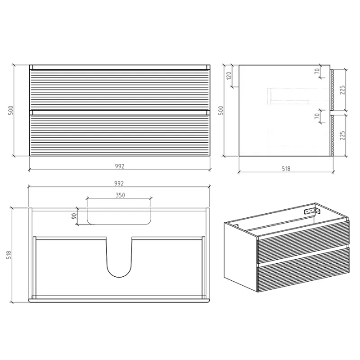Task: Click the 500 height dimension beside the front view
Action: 11,110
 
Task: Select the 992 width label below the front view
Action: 120,166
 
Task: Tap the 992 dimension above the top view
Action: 119,184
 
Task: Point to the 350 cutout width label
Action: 120,195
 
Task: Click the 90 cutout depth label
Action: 74,216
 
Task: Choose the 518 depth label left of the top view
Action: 9,255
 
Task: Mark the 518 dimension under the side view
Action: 286,169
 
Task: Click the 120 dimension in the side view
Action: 229,76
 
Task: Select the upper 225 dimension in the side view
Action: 342,90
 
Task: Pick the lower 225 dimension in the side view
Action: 342,135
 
